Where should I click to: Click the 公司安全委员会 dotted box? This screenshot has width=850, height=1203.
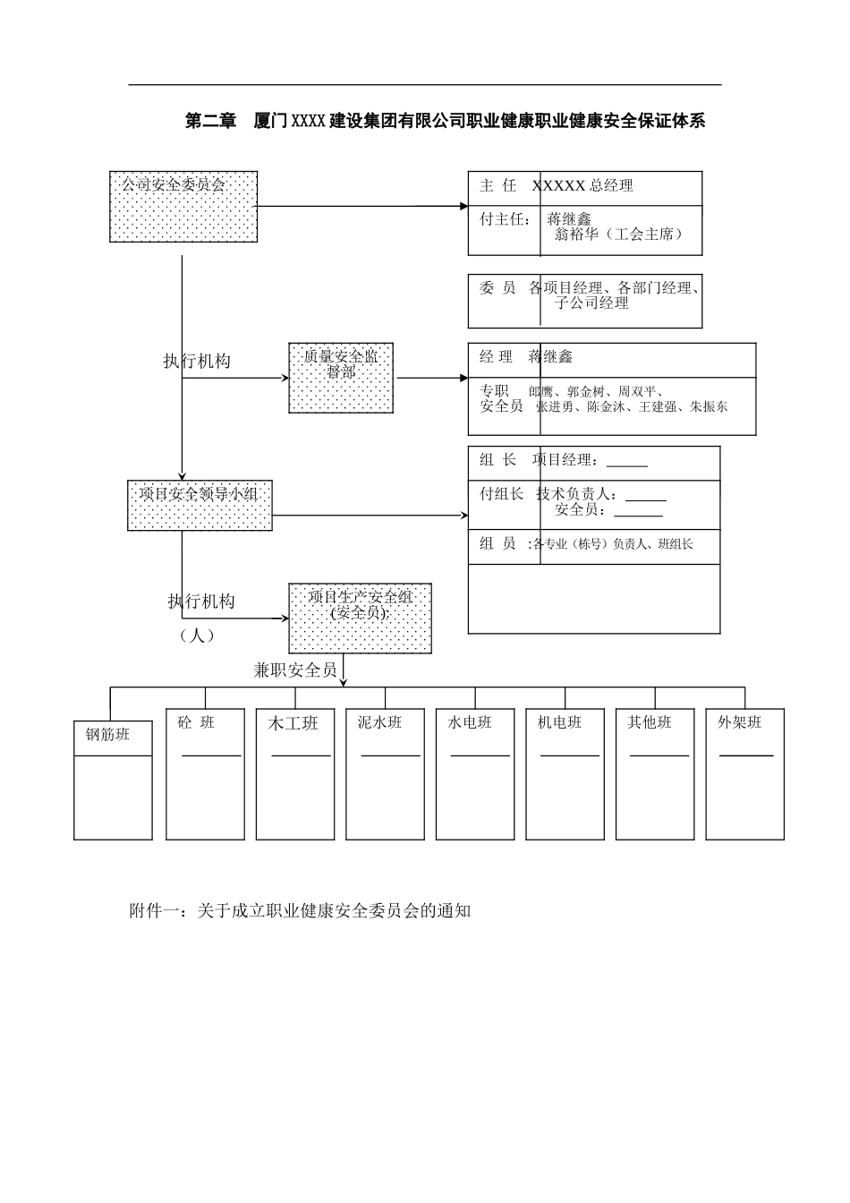pyautogui.click(x=183, y=207)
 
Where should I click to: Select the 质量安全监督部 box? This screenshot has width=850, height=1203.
pyautogui.click(x=341, y=378)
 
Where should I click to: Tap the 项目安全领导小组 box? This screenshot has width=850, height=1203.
pyautogui.click(x=200, y=505)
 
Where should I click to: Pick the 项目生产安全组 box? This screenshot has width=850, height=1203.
pyautogui.click(x=360, y=619)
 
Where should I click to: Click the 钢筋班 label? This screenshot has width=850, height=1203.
pyautogui.click(x=107, y=735)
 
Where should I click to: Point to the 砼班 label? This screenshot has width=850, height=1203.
pyautogui.click(x=196, y=722)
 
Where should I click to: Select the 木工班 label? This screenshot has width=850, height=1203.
pyautogui.click(x=293, y=723)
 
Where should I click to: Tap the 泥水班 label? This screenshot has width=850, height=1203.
pyautogui.click(x=379, y=722)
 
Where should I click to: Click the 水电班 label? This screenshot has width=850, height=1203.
pyautogui.click(x=470, y=722)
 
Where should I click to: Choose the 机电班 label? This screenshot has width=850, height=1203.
pyautogui.click(x=559, y=722)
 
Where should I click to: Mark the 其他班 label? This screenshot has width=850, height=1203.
pyautogui.click(x=649, y=722)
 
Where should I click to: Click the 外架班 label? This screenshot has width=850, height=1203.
pyautogui.click(x=739, y=722)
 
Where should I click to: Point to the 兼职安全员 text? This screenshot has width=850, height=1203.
pyautogui.click(x=295, y=670)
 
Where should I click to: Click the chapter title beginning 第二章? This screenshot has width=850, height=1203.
pyautogui.click(x=445, y=121)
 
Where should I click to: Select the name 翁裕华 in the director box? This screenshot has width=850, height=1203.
pyautogui.click(x=576, y=235)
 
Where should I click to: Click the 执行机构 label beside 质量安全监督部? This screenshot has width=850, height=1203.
pyautogui.click(x=197, y=361)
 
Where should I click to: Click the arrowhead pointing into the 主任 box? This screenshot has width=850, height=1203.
pyautogui.click(x=463, y=207)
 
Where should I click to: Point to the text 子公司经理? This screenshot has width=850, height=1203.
pyautogui.click(x=591, y=303)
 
